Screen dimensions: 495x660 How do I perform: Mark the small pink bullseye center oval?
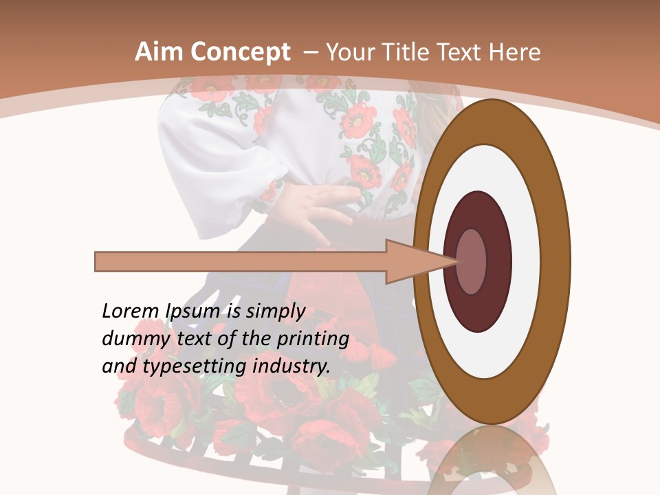472,262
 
